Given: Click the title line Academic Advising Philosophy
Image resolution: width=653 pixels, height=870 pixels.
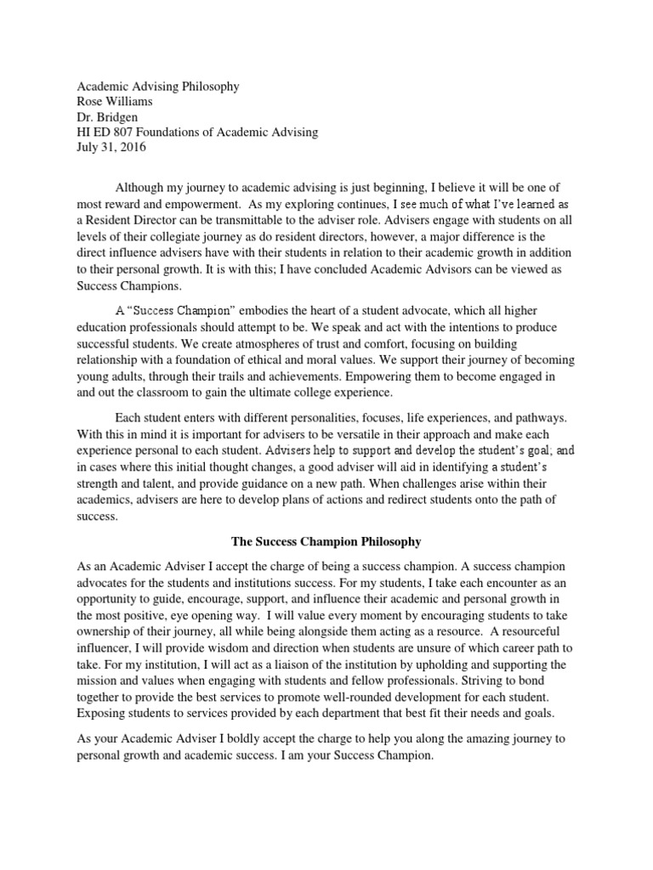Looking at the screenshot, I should click(158, 86).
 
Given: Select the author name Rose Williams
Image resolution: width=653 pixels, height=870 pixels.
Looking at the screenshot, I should click(115, 101).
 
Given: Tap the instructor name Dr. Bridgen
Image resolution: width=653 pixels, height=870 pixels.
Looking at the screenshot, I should click(108, 116).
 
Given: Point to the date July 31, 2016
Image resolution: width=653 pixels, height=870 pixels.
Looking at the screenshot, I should click(111, 147).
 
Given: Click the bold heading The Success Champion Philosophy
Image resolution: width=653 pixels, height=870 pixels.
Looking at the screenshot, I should click(326, 540).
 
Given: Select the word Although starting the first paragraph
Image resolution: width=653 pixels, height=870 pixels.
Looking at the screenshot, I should click(142, 187).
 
